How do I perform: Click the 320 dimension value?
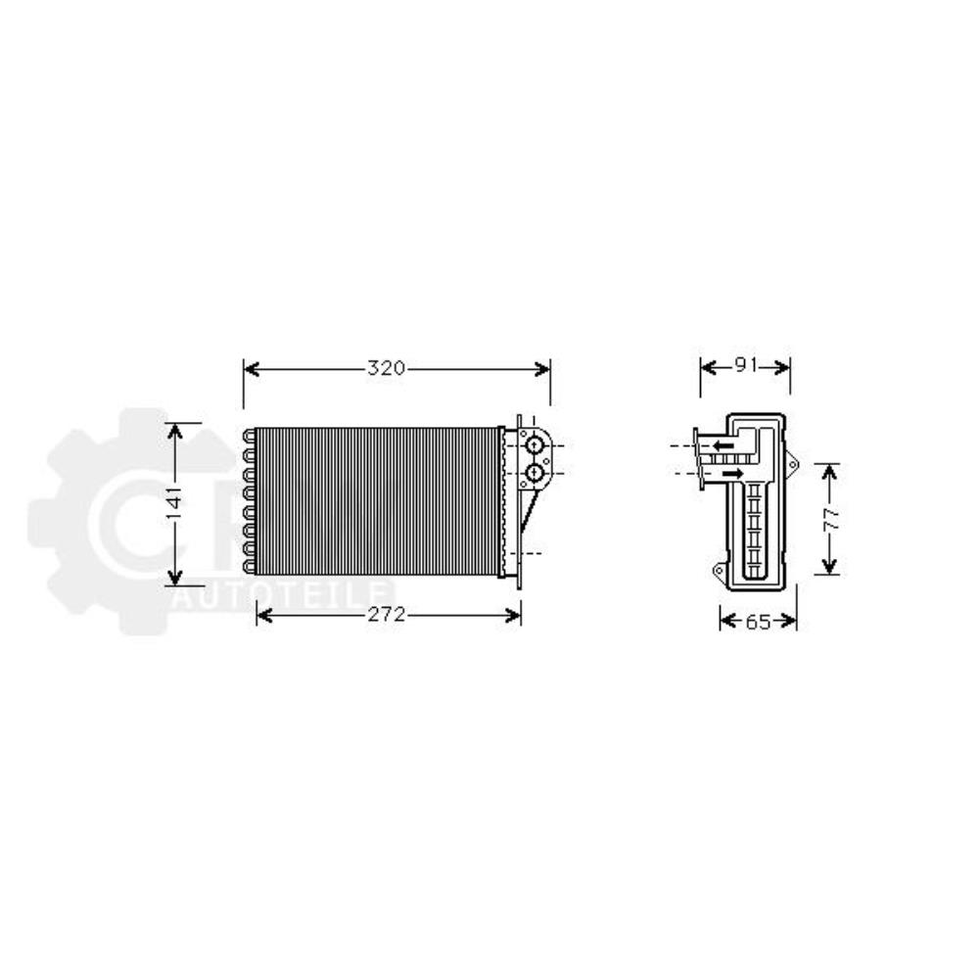click(386, 369)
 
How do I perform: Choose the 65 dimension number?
click(758, 621)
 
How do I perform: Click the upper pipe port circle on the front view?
click(535, 446)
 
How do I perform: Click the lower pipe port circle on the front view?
click(535, 475)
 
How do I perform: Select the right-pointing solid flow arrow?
click(729, 475)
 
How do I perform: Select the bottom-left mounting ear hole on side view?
click(719, 570)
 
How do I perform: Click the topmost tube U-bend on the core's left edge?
click(248, 435)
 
